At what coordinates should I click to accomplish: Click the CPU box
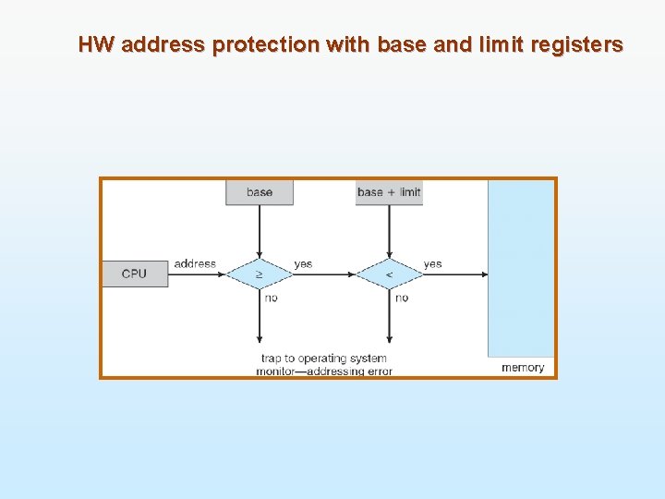click(135, 274)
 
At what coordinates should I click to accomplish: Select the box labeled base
click(260, 192)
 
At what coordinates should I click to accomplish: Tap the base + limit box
click(389, 192)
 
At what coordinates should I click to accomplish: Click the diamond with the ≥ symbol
click(260, 274)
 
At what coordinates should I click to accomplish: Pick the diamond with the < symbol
click(389, 274)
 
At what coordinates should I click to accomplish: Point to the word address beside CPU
click(195, 264)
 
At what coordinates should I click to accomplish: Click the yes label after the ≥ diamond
click(303, 264)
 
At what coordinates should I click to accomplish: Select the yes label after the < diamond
click(432, 264)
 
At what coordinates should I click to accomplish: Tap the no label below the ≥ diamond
click(271, 298)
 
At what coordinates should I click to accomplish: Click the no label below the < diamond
click(401, 298)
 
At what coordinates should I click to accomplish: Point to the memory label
click(523, 368)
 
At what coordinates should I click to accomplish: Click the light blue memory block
click(522, 268)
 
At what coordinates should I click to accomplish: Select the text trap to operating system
click(323, 359)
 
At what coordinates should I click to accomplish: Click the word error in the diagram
click(378, 371)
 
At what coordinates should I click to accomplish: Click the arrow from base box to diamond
click(260, 230)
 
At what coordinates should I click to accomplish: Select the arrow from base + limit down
click(389, 230)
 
